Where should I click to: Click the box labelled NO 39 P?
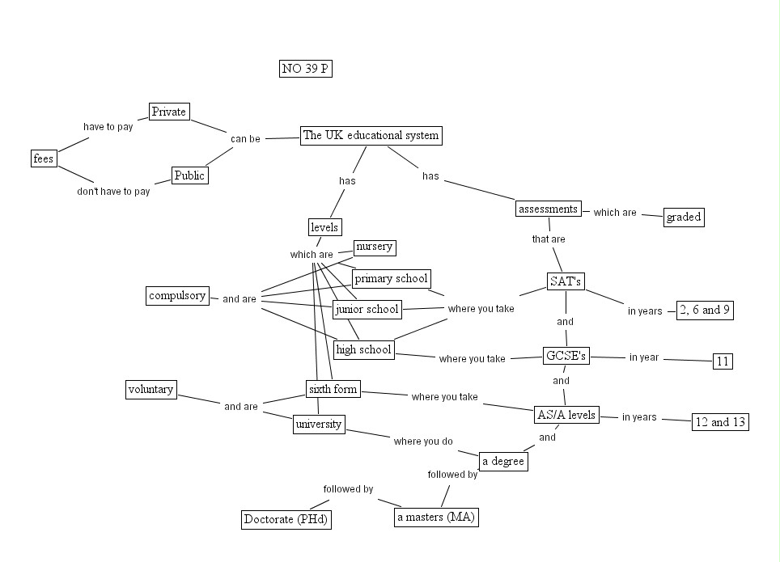point(305,69)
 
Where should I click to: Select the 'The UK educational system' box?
point(371,136)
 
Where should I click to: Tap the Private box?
point(169,112)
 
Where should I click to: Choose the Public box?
point(190,175)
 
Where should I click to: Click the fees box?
point(44,158)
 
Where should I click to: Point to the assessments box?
point(549,209)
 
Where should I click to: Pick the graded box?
point(684,217)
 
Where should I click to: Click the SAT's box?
point(566,281)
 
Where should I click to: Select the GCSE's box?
point(566,356)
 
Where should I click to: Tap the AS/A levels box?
point(566,416)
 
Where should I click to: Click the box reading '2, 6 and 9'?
point(705,311)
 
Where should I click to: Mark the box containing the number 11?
point(723,361)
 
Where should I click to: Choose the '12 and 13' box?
point(720,422)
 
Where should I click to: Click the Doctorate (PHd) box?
point(286,519)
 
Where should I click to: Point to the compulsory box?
point(177,296)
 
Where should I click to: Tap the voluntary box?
point(151,390)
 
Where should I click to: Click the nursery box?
point(375,247)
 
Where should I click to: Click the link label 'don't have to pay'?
point(113,192)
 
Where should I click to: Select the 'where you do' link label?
point(423,442)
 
